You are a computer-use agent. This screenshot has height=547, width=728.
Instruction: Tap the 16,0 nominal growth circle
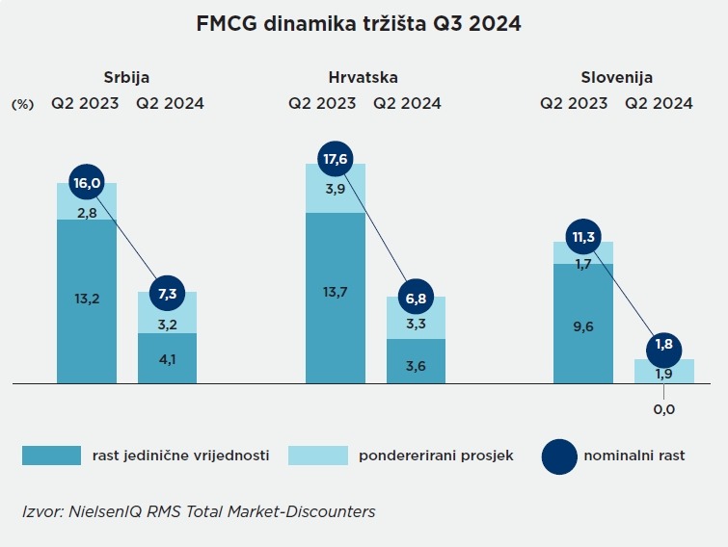87,182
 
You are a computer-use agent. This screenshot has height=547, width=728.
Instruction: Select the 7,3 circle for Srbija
168,292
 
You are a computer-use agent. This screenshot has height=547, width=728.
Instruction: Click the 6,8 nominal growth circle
417,298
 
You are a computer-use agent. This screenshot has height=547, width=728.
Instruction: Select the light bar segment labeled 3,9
336,189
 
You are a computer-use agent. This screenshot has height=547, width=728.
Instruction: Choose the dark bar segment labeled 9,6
583,326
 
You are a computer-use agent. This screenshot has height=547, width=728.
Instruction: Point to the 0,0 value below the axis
664,409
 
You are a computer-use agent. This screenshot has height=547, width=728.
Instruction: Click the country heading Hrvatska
363,78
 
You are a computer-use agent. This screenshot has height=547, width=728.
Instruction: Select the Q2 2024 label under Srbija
170,103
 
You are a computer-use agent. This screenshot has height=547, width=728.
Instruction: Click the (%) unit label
22,104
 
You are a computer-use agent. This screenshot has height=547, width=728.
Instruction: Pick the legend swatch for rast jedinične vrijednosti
52,456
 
